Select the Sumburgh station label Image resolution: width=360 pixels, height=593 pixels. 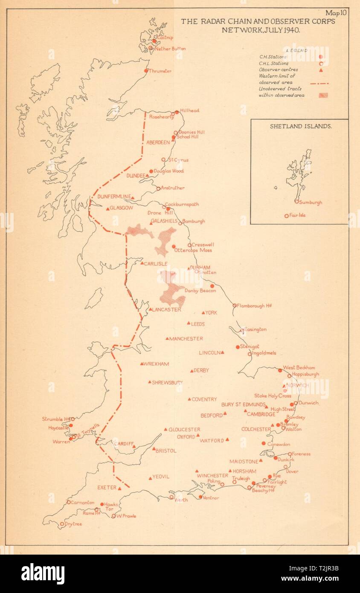click(311, 203)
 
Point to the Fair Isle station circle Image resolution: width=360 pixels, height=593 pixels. click(287, 216)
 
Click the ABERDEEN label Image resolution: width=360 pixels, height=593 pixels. click(158, 142)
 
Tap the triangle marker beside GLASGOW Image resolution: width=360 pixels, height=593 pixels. click(107, 208)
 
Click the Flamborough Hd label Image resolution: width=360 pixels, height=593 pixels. click(254, 305)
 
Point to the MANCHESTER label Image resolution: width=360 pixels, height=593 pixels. click(186, 339)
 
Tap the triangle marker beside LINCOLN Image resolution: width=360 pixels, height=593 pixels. click(222, 352)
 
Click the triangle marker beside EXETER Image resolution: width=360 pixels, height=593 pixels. click(119, 488)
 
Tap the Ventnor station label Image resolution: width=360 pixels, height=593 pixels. click(211, 498)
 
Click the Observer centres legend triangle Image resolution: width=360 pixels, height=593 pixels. click(320, 71)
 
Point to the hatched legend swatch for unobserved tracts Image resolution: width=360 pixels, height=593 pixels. click(323, 95)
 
